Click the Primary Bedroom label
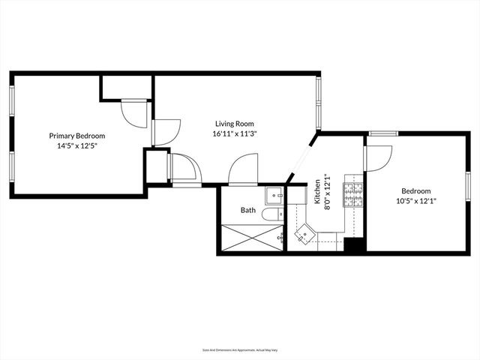(x=77, y=136)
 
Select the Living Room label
(x=235, y=124)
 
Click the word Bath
(x=248, y=211)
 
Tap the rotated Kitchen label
(x=317, y=191)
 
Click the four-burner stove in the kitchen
(x=352, y=193)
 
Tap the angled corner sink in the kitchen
(x=306, y=235)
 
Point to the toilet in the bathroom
(x=273, y=214)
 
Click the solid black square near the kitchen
(x=353, y=244)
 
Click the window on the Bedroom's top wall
(x=382, y=133)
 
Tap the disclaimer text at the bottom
(x=239, y=349)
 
